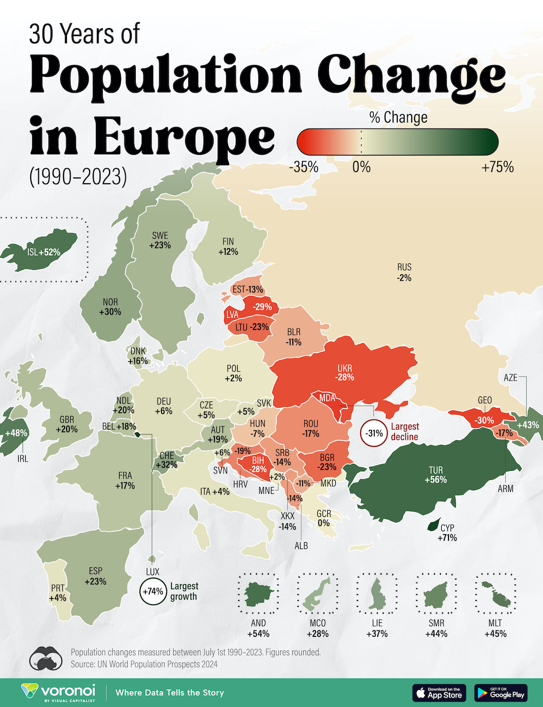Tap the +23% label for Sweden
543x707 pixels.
point(160,245)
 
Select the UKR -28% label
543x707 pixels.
point(344,373)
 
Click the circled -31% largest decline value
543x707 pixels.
point(374,433)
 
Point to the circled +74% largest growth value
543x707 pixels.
point(153,591)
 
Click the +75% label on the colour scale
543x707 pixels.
point(497,167)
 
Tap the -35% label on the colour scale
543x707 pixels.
point(304,167)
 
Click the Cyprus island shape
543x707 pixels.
point(433,525)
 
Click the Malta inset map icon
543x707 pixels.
point(496,594)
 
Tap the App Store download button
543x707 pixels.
point(438,693)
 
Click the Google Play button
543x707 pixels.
point(501,693)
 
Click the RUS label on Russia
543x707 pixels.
point(404,267)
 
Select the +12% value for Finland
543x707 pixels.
point(228,252)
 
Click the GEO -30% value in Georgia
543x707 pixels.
point(484,420)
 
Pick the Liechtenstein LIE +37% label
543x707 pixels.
point(377,628)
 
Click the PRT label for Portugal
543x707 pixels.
point(57,588)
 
